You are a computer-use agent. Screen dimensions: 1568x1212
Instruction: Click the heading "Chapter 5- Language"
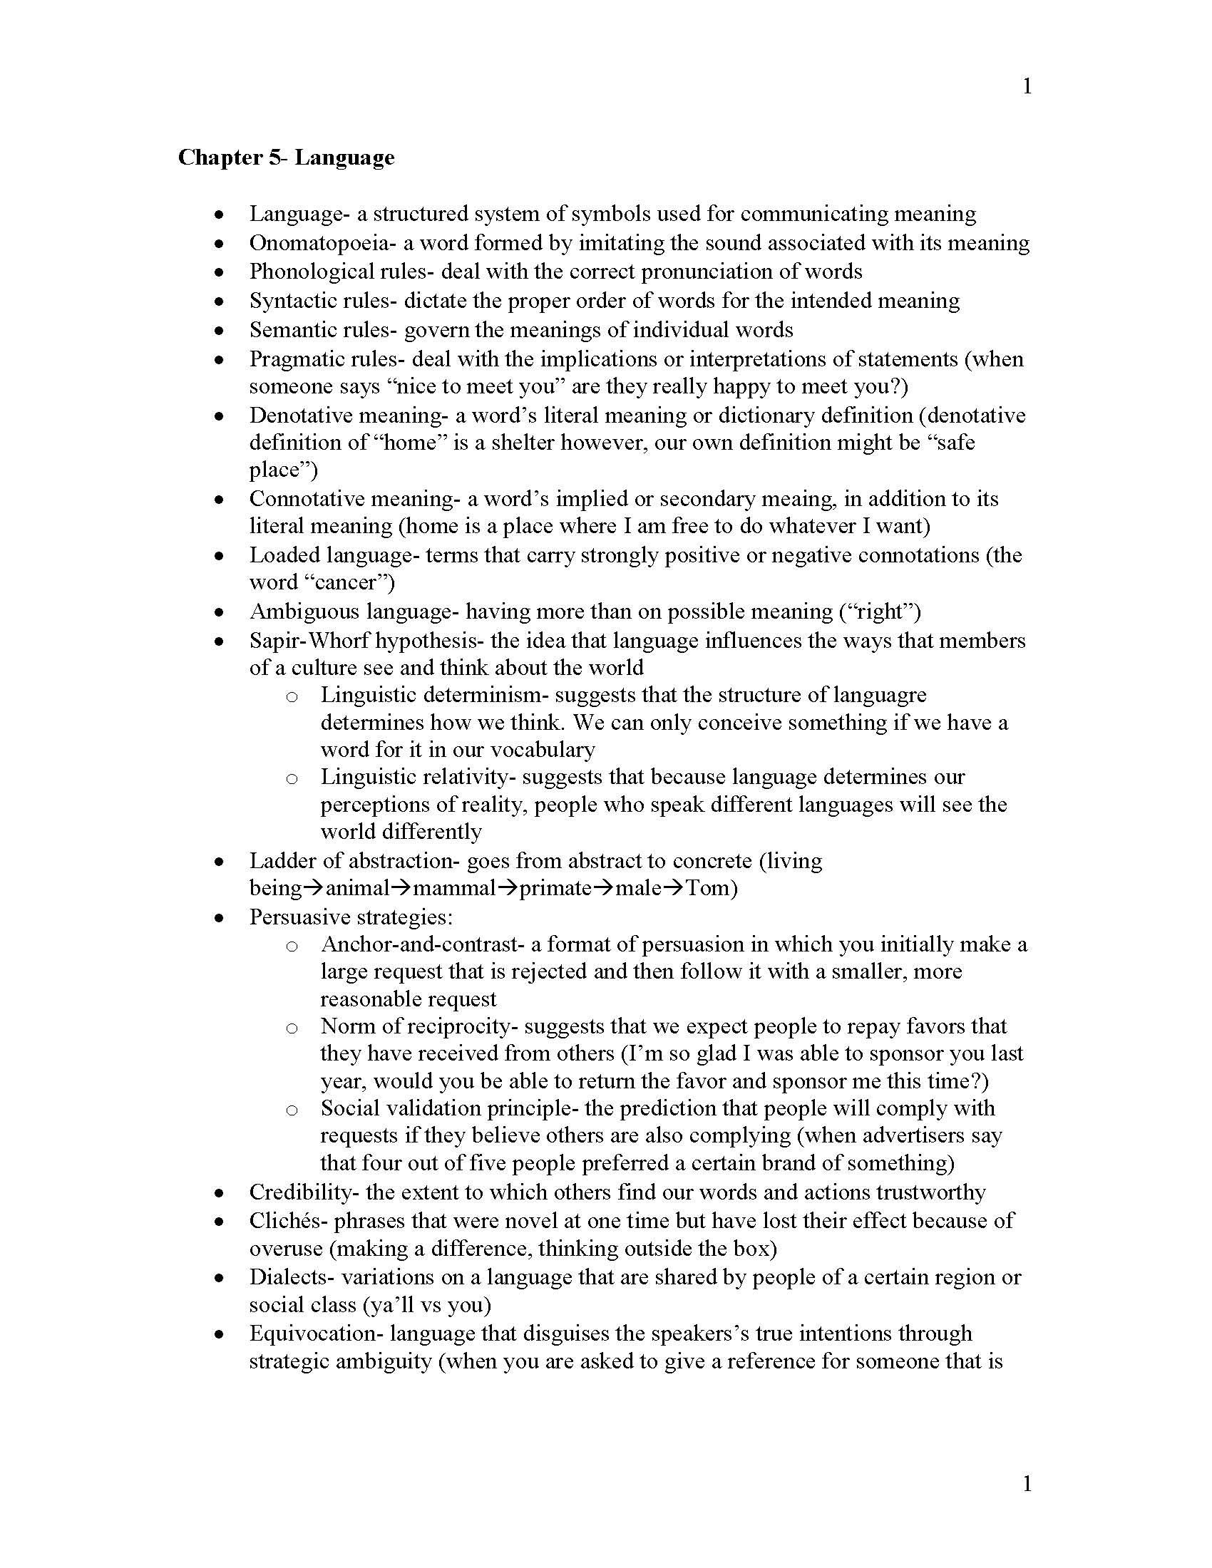click(x=286, y=158)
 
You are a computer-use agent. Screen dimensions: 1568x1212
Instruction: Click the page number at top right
click(x=1027, y=86)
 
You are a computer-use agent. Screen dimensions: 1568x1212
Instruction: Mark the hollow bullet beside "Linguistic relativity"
click(x=292, y=778)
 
